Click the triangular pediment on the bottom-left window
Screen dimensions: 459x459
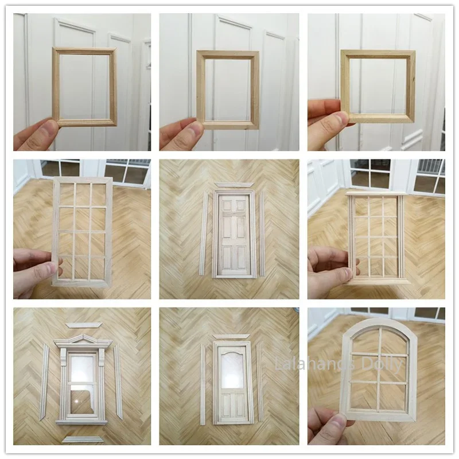[x=84, y=339]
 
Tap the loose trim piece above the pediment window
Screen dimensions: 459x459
[x=84, y=325]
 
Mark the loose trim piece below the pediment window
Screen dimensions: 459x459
[x=83, y=439]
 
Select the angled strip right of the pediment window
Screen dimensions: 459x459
[x=118, y=381]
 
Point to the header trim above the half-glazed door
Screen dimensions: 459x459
[x=231, y=336]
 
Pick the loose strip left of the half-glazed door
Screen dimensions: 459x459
[x=203, y=384]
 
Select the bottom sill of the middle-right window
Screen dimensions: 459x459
[x=378, y=281]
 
